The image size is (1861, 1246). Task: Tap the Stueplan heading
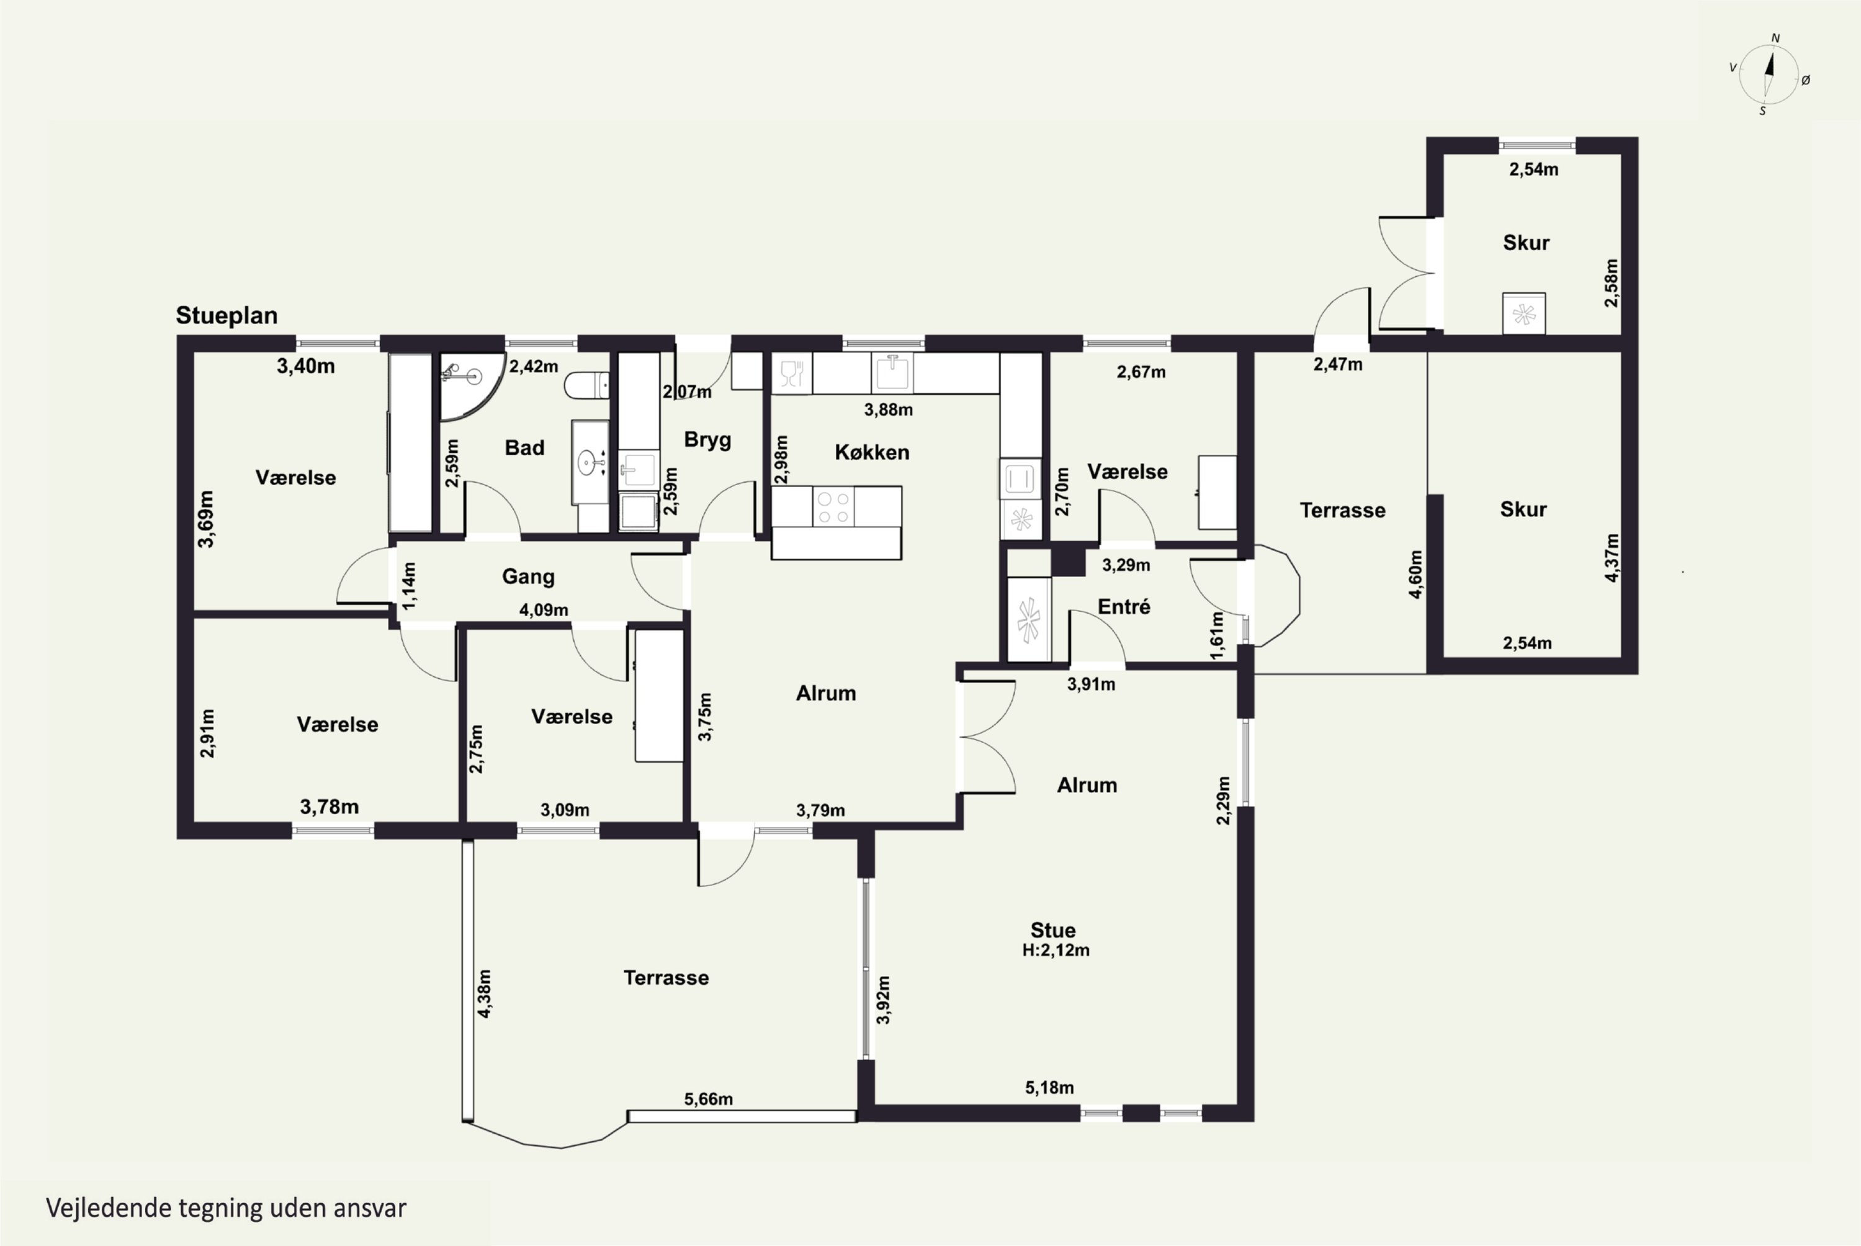(226, 315)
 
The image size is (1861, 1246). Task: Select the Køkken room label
(872, 452)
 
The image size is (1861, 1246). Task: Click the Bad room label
(524, 447)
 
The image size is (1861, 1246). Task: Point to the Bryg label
(707, 440)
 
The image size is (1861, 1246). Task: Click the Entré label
(1124, 607)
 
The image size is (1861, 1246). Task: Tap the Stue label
(1053, 930)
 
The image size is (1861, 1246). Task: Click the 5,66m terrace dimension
(708, 1099)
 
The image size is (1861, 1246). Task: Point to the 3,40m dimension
(306, 366)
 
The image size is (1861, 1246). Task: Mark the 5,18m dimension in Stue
(1049, 1088)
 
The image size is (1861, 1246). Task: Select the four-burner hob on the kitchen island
(833, 507)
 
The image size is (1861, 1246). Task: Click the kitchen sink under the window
(892, 373)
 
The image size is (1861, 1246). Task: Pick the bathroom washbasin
(590, 462)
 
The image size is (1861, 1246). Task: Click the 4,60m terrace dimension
(1415, 575)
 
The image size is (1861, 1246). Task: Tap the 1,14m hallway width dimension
(408, 586)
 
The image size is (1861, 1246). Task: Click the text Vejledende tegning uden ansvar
(226, 1208)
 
